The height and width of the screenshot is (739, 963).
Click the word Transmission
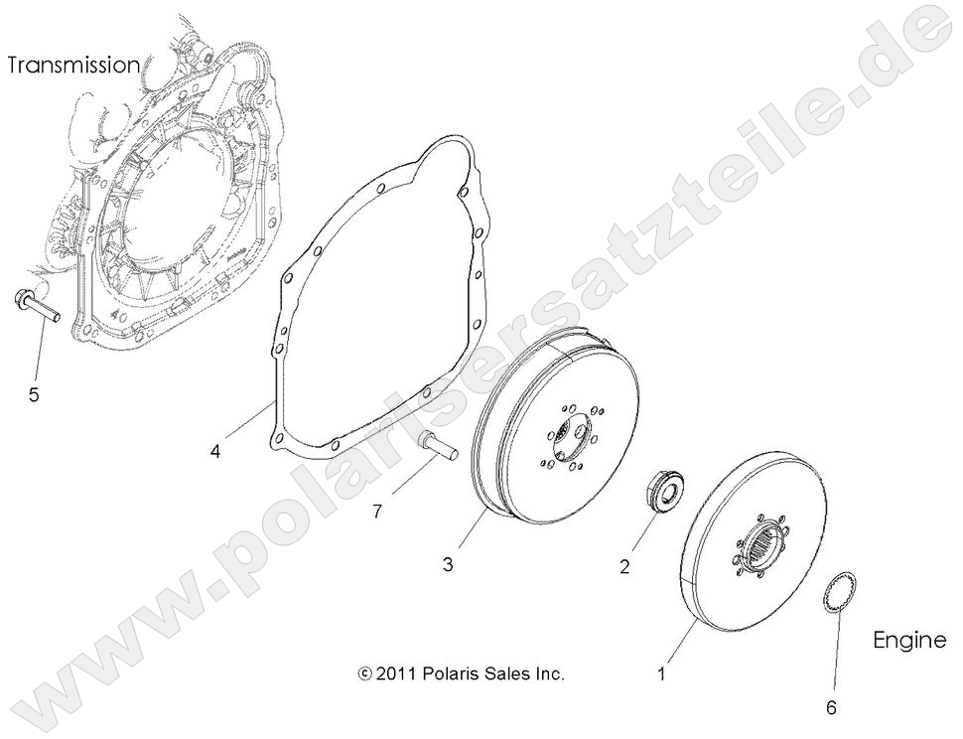coord(73,66)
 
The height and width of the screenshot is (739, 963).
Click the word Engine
coord(909,641)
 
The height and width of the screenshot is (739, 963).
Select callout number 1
coord(661,673)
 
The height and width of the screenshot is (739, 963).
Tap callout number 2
coord(624,567)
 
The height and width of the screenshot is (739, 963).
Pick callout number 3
coord(448,564)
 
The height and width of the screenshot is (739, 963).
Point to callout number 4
coord(214,451)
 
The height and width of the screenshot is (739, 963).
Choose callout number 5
coord(34,395)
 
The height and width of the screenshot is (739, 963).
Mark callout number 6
coord(832,708)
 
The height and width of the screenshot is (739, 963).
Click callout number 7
coord(376,511)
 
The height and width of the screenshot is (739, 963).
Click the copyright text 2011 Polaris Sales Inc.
coord(462,673)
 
